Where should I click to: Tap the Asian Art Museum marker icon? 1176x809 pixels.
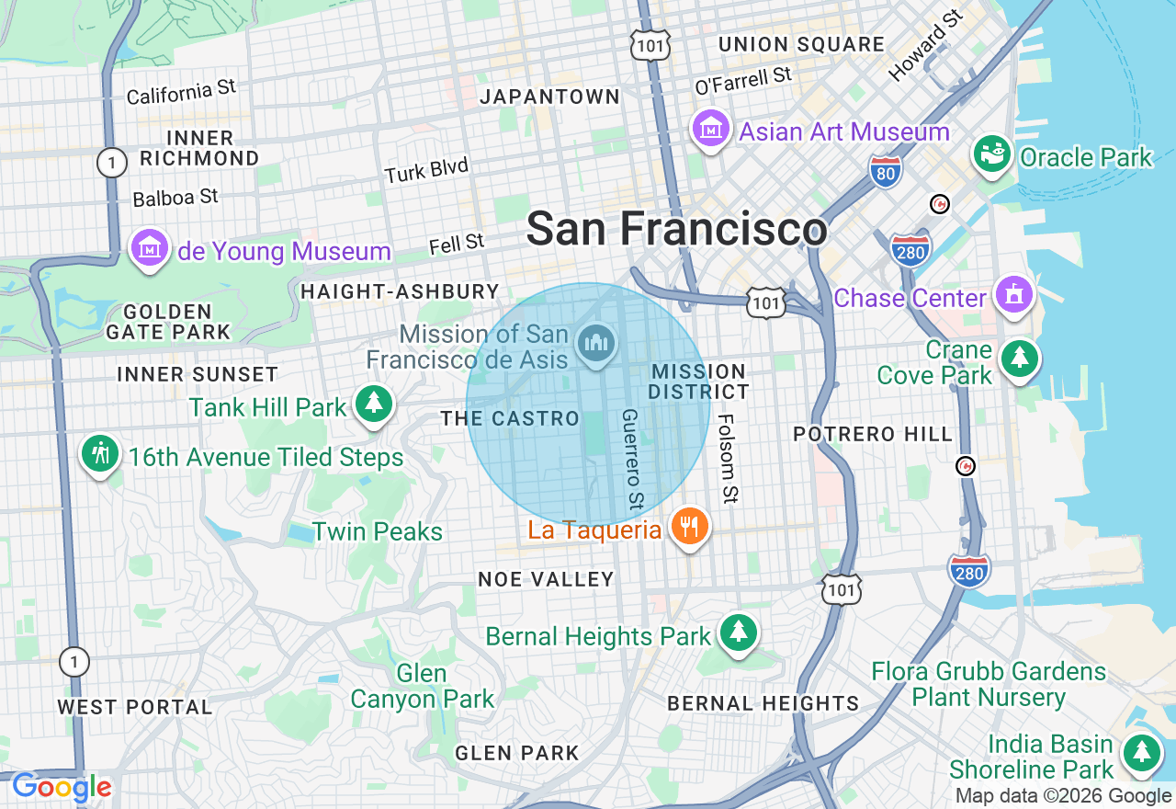tap(710, 130)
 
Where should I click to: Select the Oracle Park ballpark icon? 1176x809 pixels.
tap(992, 154)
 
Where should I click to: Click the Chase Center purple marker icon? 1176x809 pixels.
tap(1014, 295)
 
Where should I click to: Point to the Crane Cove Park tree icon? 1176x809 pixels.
tap(1019, 358)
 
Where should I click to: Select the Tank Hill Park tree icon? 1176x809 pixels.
tap(373, 404)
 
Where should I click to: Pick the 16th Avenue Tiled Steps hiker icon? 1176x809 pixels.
tap(100, 454)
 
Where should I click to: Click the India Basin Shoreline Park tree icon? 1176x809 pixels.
tap(1141, 752)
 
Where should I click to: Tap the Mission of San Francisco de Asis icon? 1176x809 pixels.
tap(596, 345)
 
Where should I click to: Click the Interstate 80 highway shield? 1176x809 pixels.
tap(886, 171)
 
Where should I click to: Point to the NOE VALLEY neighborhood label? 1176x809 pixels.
tap(546, 579)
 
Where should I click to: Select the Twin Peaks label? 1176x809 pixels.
tap(378, 531)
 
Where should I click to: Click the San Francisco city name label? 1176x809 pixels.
tap(676, 228)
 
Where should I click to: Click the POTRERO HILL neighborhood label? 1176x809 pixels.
tap(873, 434)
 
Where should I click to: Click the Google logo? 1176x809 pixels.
tap(62, 788)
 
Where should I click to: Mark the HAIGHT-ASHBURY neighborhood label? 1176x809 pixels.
tap(400, 291)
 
